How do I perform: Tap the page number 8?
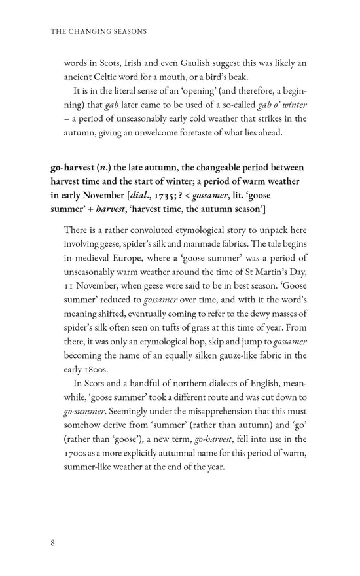53,543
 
